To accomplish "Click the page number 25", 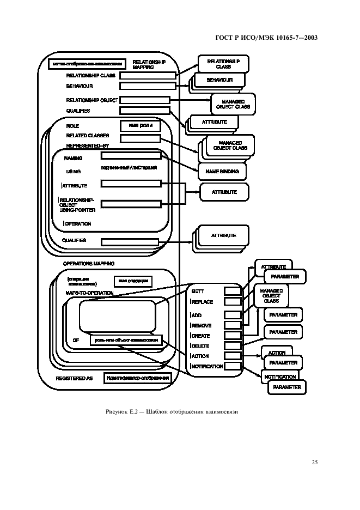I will click(x=315, y=463).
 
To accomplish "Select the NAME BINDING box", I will click(x=222, y=171).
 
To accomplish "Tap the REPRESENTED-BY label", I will click(x=89, y=146).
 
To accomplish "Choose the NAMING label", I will click(x=73, y=158).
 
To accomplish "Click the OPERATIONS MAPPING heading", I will click(x=88, y=264).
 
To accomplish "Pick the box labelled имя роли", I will click(x=139, y=126).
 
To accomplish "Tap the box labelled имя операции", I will click(x=132, y=281).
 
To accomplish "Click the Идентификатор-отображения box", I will click(x=138, y=378).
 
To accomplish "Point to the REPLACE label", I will click(x=202, y=302).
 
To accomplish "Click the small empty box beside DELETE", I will click(x=233, y=345).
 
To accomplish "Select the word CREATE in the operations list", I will click(x=200, y=336).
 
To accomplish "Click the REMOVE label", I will click(x=201, y=325).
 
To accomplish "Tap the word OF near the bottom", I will click(x=76, y=341).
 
